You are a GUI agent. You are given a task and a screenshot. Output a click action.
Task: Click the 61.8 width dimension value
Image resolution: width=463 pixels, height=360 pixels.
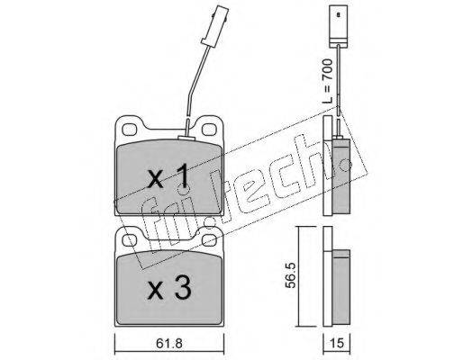(169, 344)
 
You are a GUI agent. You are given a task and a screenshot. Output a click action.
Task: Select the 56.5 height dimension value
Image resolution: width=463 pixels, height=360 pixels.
(290, 275)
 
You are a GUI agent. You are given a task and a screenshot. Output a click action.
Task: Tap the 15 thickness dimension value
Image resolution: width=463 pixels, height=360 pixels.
(336, 343)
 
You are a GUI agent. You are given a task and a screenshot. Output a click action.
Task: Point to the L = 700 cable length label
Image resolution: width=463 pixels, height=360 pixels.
(327, 81)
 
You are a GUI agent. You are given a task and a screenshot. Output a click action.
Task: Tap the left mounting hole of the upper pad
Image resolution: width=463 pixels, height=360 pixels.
(130, 130)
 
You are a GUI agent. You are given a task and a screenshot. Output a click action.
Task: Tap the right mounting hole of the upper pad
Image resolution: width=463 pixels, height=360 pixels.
(209, 130)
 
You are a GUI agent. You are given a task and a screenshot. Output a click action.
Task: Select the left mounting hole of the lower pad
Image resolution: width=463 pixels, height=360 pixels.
(130, 239)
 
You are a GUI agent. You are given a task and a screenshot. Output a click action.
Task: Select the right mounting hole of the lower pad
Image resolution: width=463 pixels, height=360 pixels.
(209, 239)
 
